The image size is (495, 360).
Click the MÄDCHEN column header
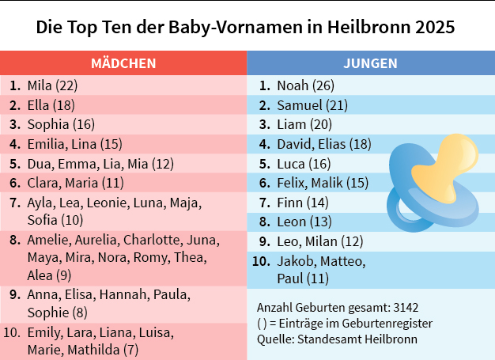coord(123,63)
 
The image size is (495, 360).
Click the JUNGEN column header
coord(370,63)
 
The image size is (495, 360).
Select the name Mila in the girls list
coord(40,85)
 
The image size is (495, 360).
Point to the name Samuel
coord(300,104)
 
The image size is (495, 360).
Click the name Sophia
coord(48,124)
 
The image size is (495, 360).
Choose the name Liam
coord(291,124)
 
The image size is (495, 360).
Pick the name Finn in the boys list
coord(290,202)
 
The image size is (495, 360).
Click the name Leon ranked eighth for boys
coord(292,221)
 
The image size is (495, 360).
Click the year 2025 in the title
coord(433,27)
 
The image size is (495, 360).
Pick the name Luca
coord(291,163)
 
